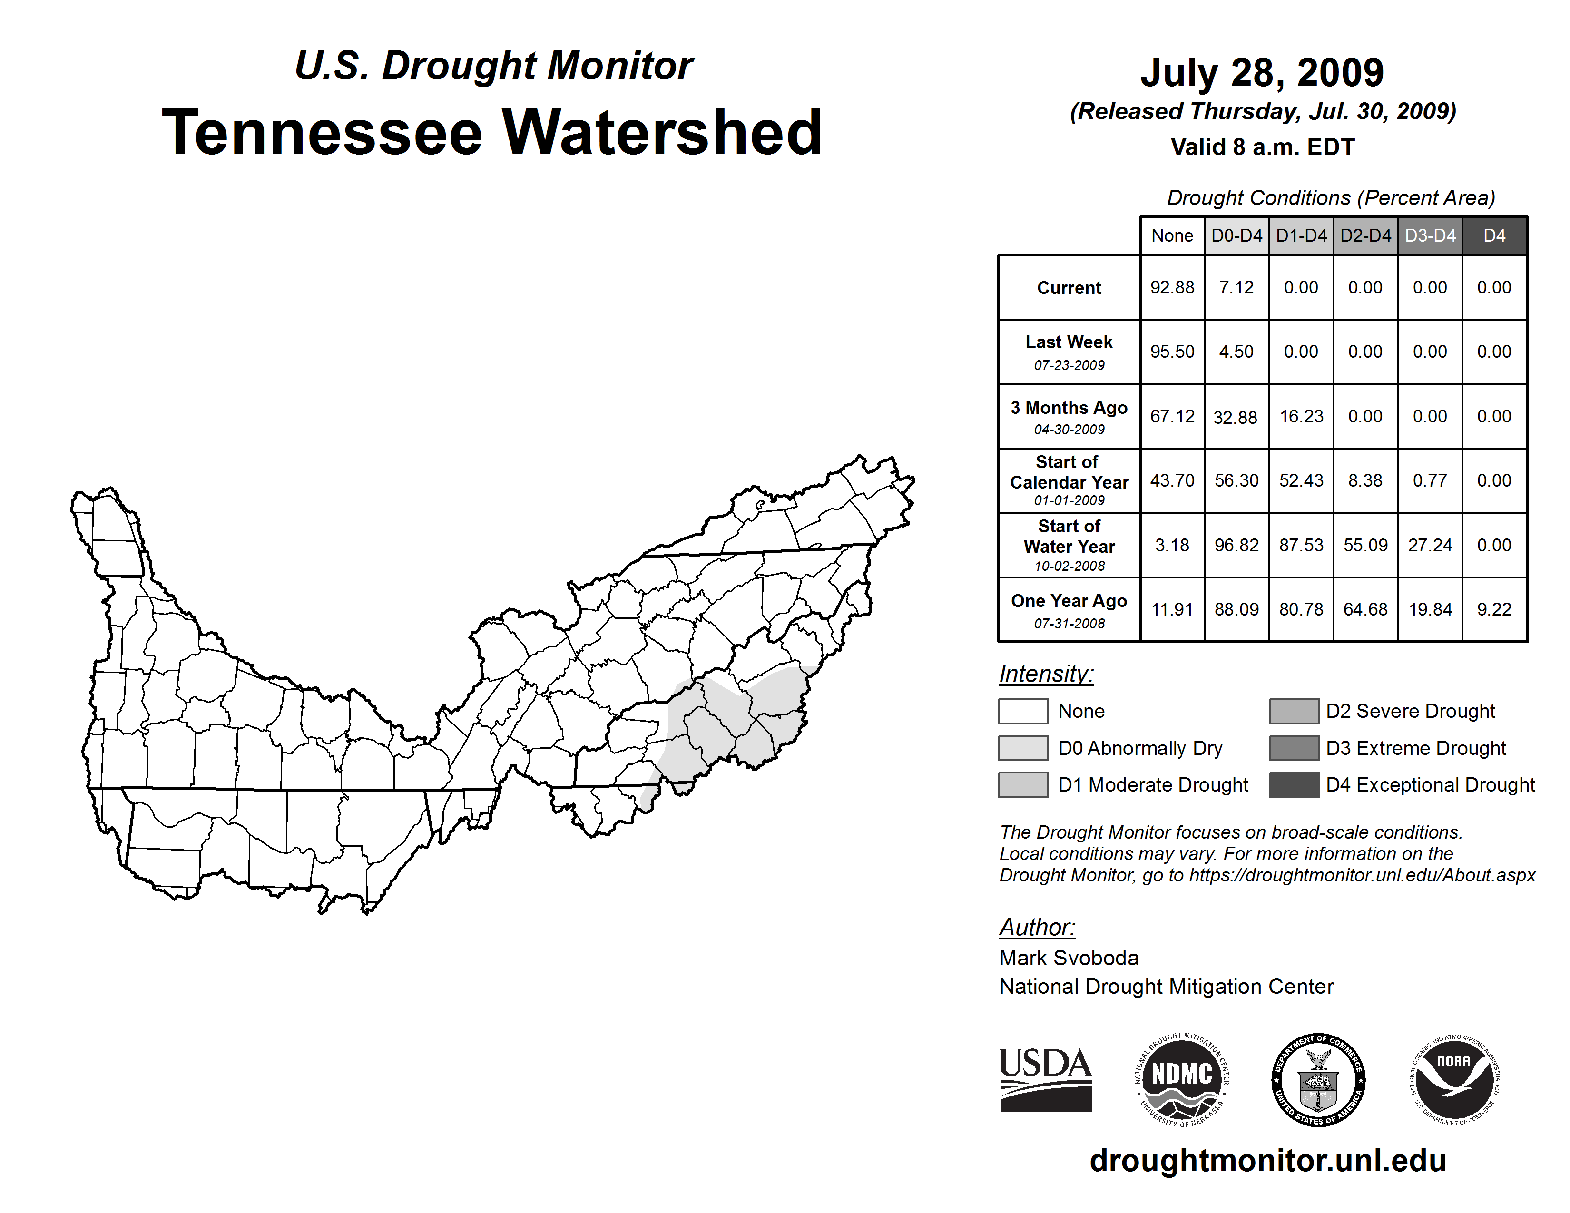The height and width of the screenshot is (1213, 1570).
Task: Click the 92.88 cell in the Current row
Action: click(1172, 287)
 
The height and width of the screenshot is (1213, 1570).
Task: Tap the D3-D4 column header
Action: click(1430, 235)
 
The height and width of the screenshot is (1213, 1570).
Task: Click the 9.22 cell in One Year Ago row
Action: click(1494, 609)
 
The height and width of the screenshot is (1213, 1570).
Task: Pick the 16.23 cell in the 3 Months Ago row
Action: click(1301, 416)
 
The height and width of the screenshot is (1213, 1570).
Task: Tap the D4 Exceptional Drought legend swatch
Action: click(1294, 785)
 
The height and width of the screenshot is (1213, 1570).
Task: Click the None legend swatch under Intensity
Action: click(1023, 711)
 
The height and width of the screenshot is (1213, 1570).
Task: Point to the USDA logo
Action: click(1045, 1079)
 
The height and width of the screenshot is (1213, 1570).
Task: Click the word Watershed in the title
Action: click(661, 132)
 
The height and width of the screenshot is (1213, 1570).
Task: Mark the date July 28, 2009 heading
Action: click(1262, 73)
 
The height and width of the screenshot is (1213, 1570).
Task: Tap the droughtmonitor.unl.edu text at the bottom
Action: click(1267, 1161)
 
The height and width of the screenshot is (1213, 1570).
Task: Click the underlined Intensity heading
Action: click(1046, 674)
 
